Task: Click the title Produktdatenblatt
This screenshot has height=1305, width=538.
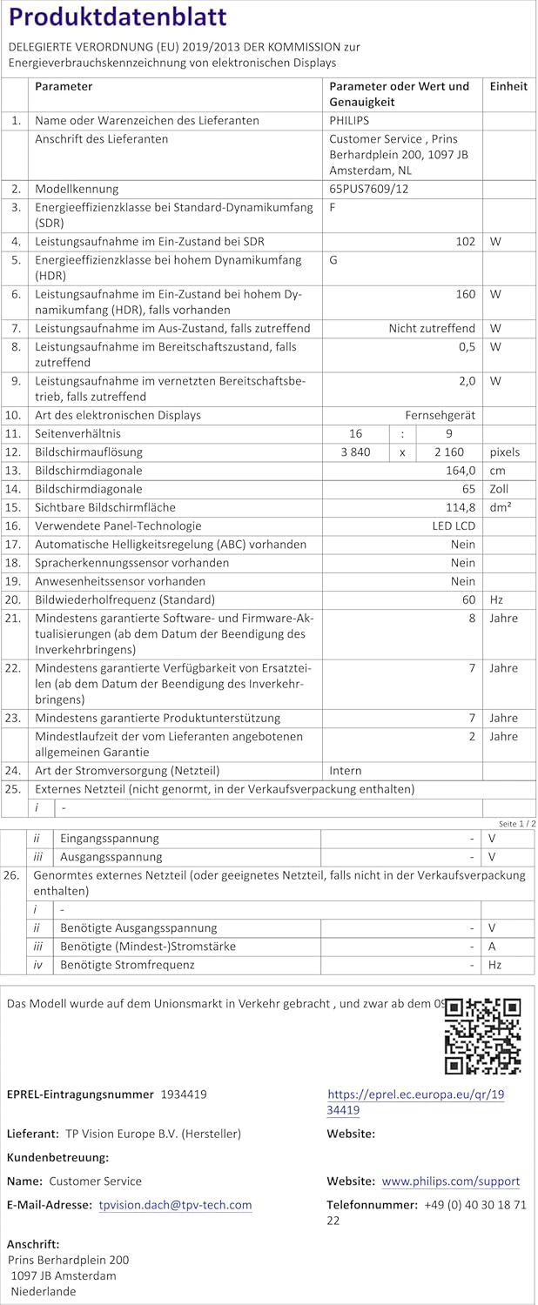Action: click(118, 17)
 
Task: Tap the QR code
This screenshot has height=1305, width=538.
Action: click(482, 1035)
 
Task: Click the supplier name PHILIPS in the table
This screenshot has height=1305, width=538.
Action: click(349, 121)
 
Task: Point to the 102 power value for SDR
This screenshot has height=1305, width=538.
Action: click(465, 242)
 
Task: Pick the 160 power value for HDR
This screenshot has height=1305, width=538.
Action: click(465, 294)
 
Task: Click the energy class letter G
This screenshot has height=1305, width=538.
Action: click(334, 260)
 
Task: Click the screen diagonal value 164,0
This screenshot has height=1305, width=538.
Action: click(458, 471)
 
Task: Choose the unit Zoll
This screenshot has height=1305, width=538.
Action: click(499, 489)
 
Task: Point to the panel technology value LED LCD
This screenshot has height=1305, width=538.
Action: click(454, 525)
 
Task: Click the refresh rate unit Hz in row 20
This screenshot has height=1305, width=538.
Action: click(496, 600)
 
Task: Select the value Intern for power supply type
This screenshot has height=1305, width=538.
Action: click(345, 771)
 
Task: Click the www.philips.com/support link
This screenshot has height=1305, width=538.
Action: click(450, 1181)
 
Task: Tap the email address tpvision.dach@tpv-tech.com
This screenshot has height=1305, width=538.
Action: click(175, 1205)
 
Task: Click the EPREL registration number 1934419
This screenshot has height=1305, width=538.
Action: click(184, 1094)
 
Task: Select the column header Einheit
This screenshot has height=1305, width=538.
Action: click(508, 86)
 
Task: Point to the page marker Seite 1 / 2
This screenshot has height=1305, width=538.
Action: click(517, 823)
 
